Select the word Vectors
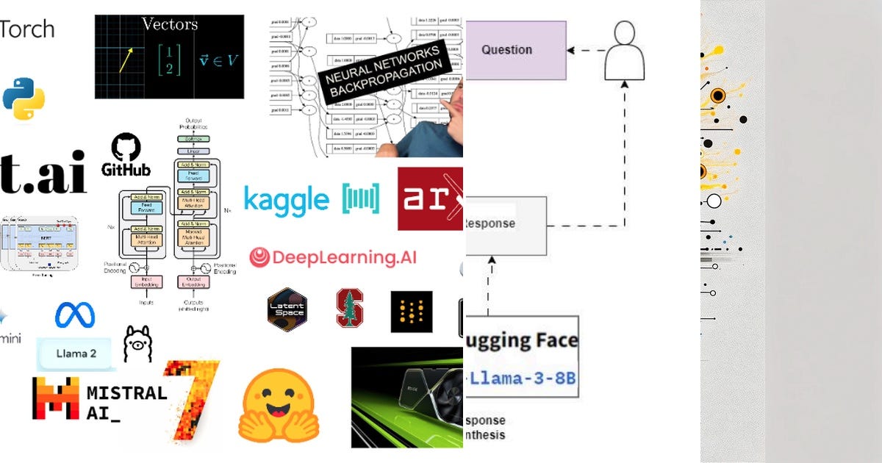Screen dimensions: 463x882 pos(169,24)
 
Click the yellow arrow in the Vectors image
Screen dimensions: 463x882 pos(126,61)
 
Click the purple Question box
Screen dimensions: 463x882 pos(516,50)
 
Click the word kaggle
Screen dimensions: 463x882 pos(286,199)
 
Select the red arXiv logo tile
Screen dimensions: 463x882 pos(430,198)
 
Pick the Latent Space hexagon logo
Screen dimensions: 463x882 pos(287,309)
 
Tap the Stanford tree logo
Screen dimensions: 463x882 pos(350,308)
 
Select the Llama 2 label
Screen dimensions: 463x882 pos(76,353)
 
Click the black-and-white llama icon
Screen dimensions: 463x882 pos(137,342)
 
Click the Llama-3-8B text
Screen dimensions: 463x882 pos(522,378)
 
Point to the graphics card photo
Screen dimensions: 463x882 pos(407,397)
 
